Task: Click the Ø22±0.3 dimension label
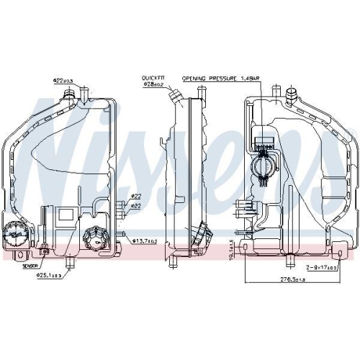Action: (63, 80)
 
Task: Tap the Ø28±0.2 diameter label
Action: (153, 84)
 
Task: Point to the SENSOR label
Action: (30, 246)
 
